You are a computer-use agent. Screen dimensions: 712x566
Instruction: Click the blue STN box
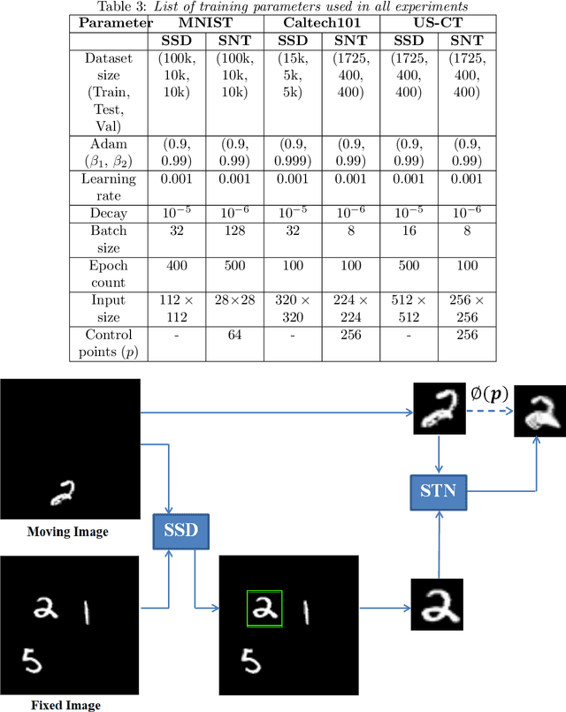coord(437,488)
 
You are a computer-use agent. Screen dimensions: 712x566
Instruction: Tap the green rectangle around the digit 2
coord(264,608)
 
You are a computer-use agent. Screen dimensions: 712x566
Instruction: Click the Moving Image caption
coord(68,531)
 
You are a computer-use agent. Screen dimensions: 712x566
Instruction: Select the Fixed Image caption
coord(65,705)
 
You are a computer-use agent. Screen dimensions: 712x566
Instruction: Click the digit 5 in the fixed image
coord(30,660)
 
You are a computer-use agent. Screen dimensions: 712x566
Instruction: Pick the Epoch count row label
coord(108,274)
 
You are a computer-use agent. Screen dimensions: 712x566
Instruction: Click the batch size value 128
coord(234,231)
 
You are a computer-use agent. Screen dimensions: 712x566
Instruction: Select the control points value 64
coord(234,335)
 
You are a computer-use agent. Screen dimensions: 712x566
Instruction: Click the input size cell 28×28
coord(234,300)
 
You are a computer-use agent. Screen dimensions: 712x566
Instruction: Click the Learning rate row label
coord(108,186)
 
